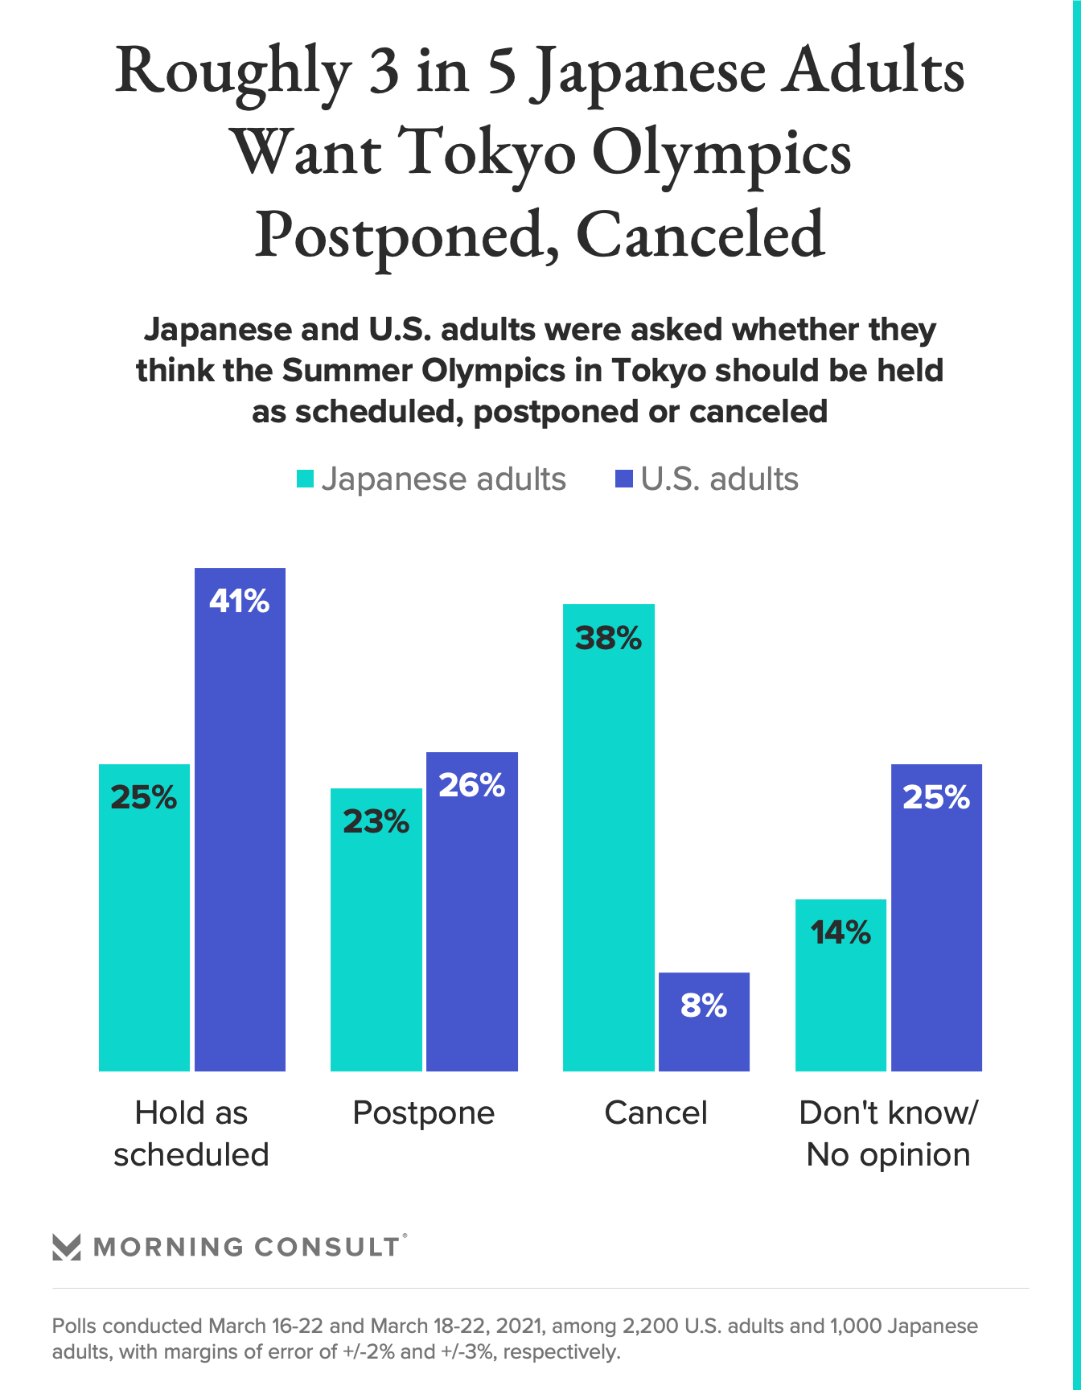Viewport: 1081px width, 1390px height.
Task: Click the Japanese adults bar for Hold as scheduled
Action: [144, 917]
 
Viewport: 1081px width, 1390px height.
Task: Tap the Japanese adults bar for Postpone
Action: [376, 929]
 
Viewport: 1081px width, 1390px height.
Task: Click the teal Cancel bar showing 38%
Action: [608, 837]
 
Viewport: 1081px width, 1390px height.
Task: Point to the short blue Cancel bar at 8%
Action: [704, 1022]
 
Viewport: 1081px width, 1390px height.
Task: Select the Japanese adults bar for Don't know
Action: [841, 985]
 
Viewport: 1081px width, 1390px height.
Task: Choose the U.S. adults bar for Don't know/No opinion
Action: [936, 917]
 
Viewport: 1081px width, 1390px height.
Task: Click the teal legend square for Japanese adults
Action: [305, 479]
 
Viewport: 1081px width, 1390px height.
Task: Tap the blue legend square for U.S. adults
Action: [623, 479]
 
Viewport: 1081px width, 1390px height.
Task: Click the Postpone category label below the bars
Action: [424, 1113]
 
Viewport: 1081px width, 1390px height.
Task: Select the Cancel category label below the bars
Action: [656, 1113]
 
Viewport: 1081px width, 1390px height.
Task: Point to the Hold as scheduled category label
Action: [191, 1133]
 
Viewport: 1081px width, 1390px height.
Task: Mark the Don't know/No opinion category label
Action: [888, 1133]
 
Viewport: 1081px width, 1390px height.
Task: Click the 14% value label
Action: [841, 933]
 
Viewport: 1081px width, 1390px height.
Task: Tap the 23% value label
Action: [376, 822]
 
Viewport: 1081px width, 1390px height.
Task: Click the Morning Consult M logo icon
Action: [67, 1247]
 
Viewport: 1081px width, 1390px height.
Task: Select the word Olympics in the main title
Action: [721, 153]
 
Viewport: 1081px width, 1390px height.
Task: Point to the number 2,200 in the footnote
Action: [651, 1326]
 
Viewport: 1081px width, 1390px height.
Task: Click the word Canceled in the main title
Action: [700, 235]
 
